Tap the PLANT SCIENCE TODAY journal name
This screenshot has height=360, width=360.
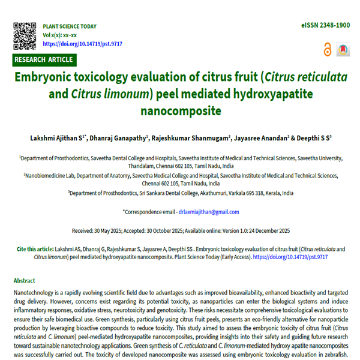click(70, 27)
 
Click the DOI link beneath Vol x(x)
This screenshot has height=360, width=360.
click(82, 44)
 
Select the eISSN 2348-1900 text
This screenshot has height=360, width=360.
click(325, 26)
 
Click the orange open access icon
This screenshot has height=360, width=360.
click(327, 50)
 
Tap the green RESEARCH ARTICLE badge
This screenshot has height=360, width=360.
click(44, 59)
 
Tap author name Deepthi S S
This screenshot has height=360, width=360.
click(314, 137)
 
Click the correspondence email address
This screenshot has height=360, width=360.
click(208, 212)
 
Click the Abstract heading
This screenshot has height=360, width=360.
click(24, 280)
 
